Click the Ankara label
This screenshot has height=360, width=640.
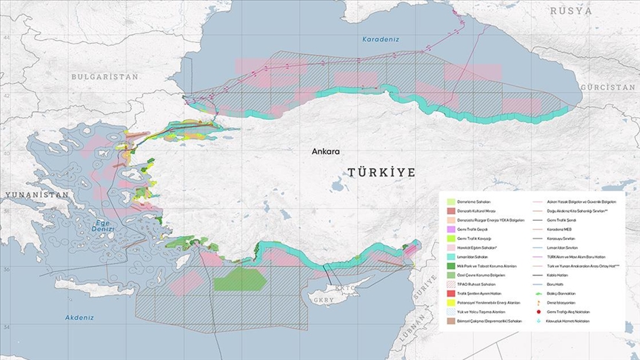325,151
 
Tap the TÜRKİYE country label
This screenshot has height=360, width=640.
381,172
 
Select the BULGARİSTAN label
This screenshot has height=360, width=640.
105,76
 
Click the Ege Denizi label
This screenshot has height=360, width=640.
105,227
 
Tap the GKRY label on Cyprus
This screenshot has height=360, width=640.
324,300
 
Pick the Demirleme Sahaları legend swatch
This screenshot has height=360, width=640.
450,202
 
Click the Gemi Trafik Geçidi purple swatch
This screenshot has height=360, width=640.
450,230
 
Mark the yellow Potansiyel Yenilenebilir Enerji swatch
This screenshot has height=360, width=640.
450,303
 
